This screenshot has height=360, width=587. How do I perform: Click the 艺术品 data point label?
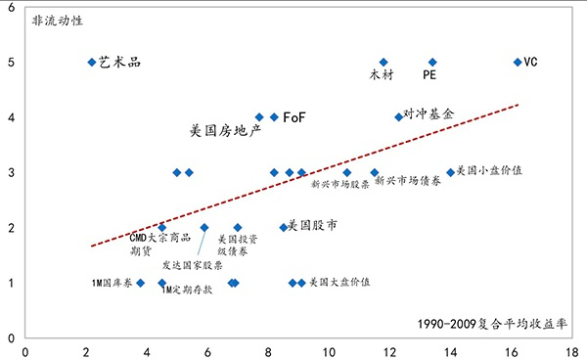click(120, 62)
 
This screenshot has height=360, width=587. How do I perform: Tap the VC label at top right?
click(531, 62)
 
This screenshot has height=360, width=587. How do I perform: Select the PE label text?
click(429, 74)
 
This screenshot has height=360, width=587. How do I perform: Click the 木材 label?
click(381, 74)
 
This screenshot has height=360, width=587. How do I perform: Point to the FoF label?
click(294, 117)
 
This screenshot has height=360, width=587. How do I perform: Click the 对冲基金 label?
click(429, 113)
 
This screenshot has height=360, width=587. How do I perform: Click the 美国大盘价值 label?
click(339, 283)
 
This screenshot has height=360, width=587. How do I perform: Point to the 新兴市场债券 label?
click(407, 183)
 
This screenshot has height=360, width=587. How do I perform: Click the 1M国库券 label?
click(110, 283)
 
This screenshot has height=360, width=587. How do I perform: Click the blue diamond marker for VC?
click(518, 62)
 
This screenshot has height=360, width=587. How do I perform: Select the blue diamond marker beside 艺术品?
click(92, 62)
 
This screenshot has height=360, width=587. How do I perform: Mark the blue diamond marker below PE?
click(432, 62)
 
